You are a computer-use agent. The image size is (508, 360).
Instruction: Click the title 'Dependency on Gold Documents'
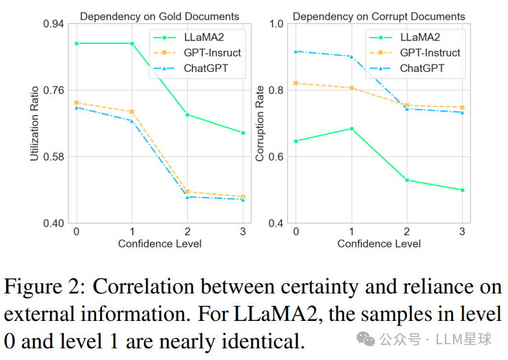[x=159, y=16]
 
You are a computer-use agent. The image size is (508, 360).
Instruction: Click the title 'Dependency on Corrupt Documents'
[x=379, y=16]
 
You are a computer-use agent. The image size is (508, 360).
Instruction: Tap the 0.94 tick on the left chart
[x=53, y=25]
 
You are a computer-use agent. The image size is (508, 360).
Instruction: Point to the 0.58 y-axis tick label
[x=53, y=157]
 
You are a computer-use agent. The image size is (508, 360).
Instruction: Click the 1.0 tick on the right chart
[x=276, y=25]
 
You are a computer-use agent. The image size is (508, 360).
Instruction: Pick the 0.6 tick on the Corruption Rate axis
[x=276, y=157]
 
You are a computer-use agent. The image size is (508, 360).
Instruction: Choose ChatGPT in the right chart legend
[x=422, y=68]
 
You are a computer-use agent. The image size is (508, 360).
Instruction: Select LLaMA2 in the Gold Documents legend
[x=202, y=38]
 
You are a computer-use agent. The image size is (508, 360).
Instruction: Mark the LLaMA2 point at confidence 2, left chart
[x=187, y=115]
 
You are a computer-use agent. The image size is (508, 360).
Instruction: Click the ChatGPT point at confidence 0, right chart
[x=295, y=51]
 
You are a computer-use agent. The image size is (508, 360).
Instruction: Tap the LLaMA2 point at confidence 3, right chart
[x=463, y=190]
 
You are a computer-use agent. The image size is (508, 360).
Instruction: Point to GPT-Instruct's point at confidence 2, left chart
[x=187, y=192]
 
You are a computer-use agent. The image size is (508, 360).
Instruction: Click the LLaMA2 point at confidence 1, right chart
[x=352, y=128]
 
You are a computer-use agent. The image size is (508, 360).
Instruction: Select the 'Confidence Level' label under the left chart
[x=159, y=244]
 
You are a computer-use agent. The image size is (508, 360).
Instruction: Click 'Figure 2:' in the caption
[x=43, y=286]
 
